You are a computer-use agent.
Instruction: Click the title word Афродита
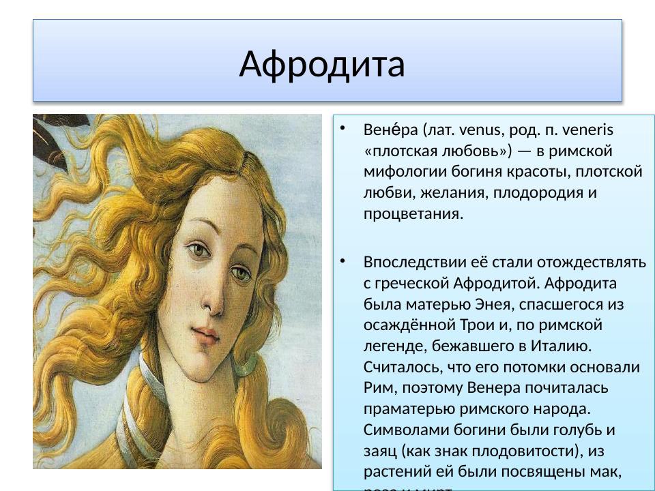coord(322,64)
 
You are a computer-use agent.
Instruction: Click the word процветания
coord(413,213)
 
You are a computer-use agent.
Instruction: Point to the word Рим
coord(377,388)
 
